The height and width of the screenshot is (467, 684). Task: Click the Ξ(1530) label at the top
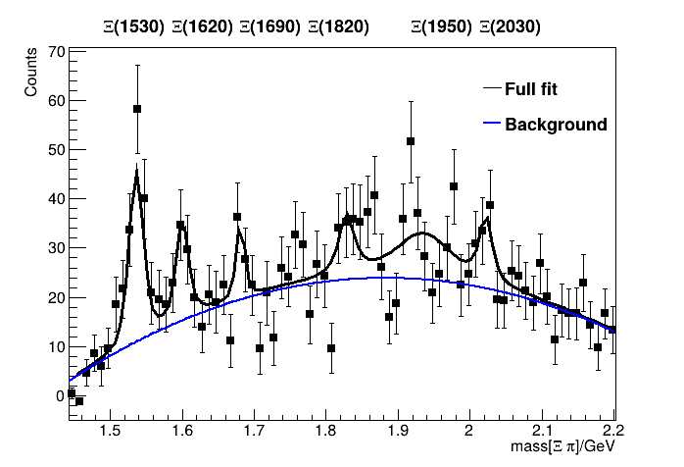click(134, 27)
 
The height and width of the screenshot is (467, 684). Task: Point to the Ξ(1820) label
click(338, 27)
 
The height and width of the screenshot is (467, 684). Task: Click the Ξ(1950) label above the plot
click(442, 27)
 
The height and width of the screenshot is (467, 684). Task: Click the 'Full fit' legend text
click(530, 89)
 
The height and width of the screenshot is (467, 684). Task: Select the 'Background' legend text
click(556, 125)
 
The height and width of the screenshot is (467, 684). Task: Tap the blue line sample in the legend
click(492, 125)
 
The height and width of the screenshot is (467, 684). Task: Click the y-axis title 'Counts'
click(31, 75)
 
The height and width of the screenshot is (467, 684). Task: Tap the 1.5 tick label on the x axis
click(110, 428)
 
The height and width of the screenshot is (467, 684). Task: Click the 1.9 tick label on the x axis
click(397, 428)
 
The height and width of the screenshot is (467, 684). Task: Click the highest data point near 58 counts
click(137, 109)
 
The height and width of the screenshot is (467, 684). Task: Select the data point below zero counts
click(79, 400)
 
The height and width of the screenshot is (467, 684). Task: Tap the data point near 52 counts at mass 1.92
click(411, 141)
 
